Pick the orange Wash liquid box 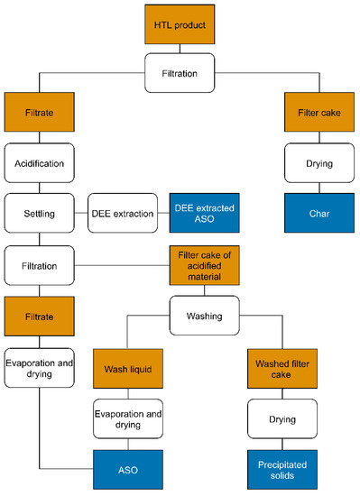click(x=127, y=369)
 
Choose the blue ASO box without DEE click(x=127, y=469)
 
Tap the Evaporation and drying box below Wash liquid click(x=127, y=419)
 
